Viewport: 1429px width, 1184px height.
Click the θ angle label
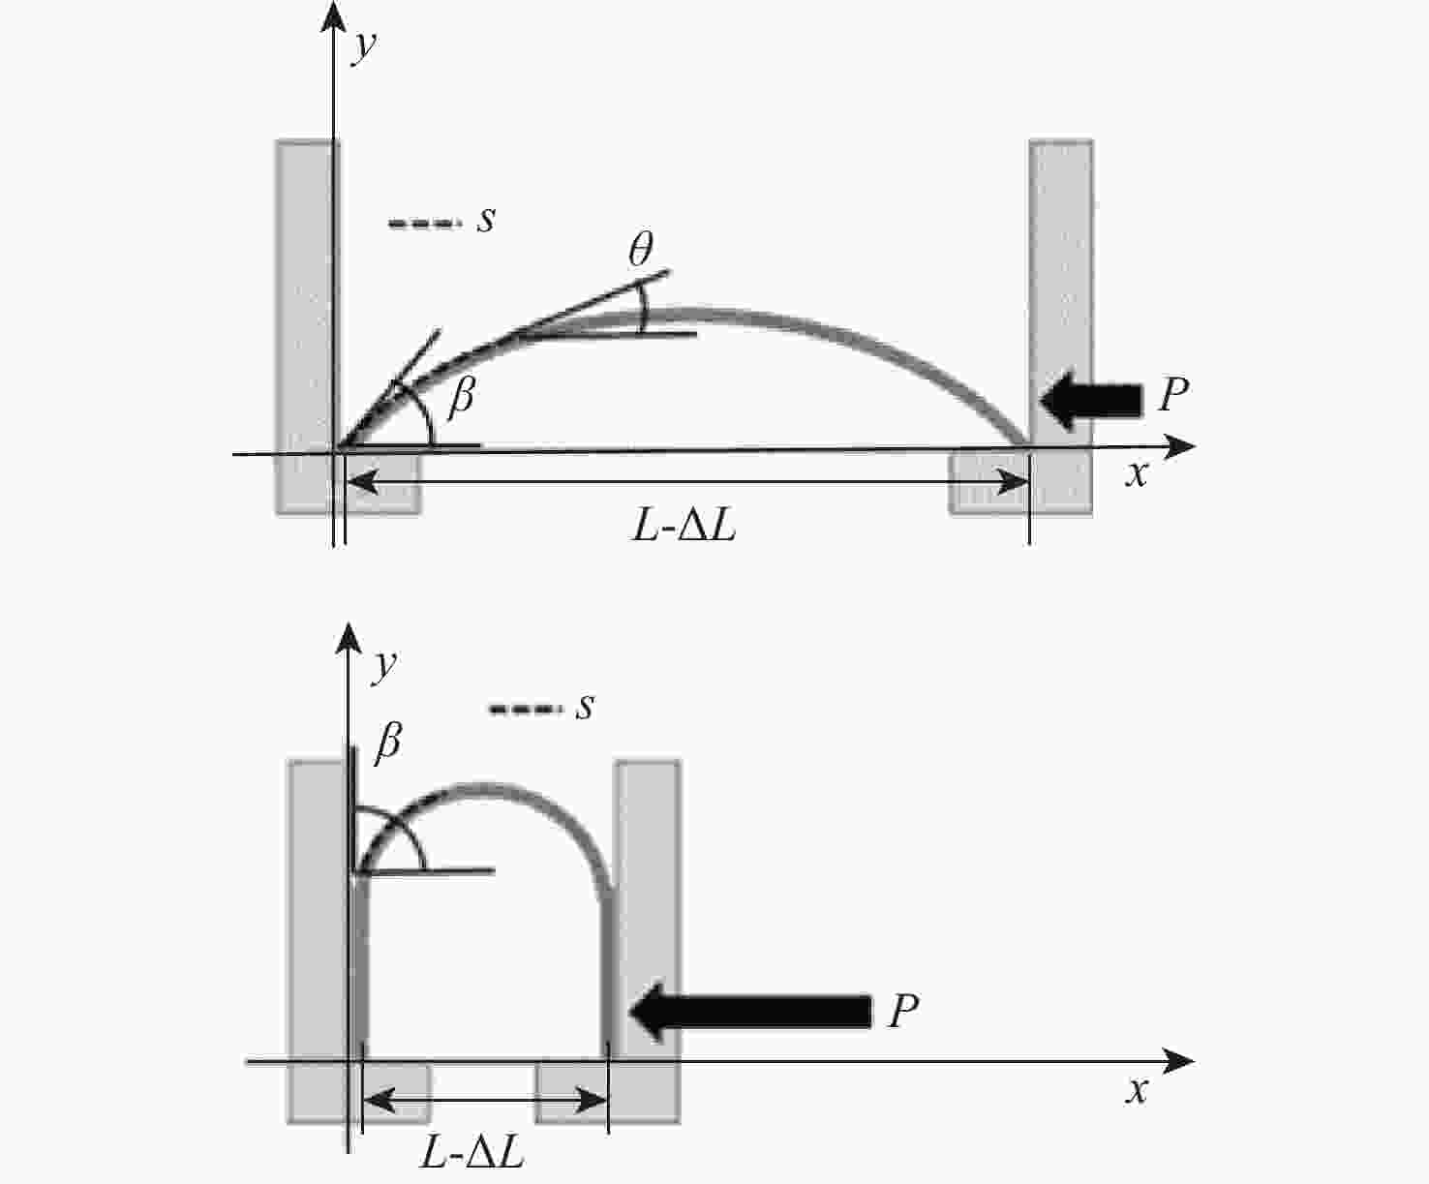tap(641, 249)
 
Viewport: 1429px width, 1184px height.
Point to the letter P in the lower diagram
tap(903, 1010)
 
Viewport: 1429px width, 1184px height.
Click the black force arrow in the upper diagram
tap(1091, 401)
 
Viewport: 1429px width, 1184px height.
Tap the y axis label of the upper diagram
tap(364, 46)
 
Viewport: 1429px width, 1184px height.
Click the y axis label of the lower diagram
tap(384, 666)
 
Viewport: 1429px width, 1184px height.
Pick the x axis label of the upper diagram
tap(1137, 473)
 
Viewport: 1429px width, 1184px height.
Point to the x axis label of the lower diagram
tap(1137, 1090)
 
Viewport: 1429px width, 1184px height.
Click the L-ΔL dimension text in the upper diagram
tap(684, 527)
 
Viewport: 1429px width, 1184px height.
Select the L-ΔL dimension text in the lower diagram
tap(472, 1152)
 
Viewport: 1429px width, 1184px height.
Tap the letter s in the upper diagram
tap(486, 220)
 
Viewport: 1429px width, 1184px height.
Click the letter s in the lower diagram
tap(585, 706)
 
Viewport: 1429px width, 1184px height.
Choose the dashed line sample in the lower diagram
tap(524, 710)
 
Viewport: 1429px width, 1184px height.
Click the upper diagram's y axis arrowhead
tap(333, 16)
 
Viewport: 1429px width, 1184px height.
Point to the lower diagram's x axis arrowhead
tap(1178, 1061)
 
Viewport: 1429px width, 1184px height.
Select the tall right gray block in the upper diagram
tap(1061, 327)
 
